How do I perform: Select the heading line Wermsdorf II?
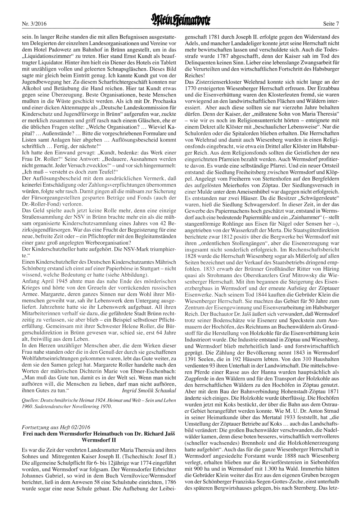point(99,440)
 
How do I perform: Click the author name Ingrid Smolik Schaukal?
point(149,390)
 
